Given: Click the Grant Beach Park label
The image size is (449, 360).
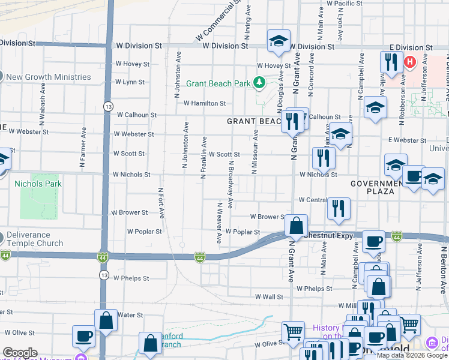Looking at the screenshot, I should [217, 83].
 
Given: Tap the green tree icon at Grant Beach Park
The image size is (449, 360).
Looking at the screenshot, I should [260, 82].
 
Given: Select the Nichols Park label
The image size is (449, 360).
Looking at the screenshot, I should [40, 184].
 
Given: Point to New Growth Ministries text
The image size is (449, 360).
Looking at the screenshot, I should [49, 77].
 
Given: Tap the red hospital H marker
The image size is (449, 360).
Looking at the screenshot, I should [410, 61].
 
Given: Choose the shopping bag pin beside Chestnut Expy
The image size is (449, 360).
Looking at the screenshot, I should [297, 227].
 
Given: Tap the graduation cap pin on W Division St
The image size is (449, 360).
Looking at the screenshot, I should [279, 41].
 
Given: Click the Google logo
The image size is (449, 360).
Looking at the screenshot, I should [20, 353].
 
